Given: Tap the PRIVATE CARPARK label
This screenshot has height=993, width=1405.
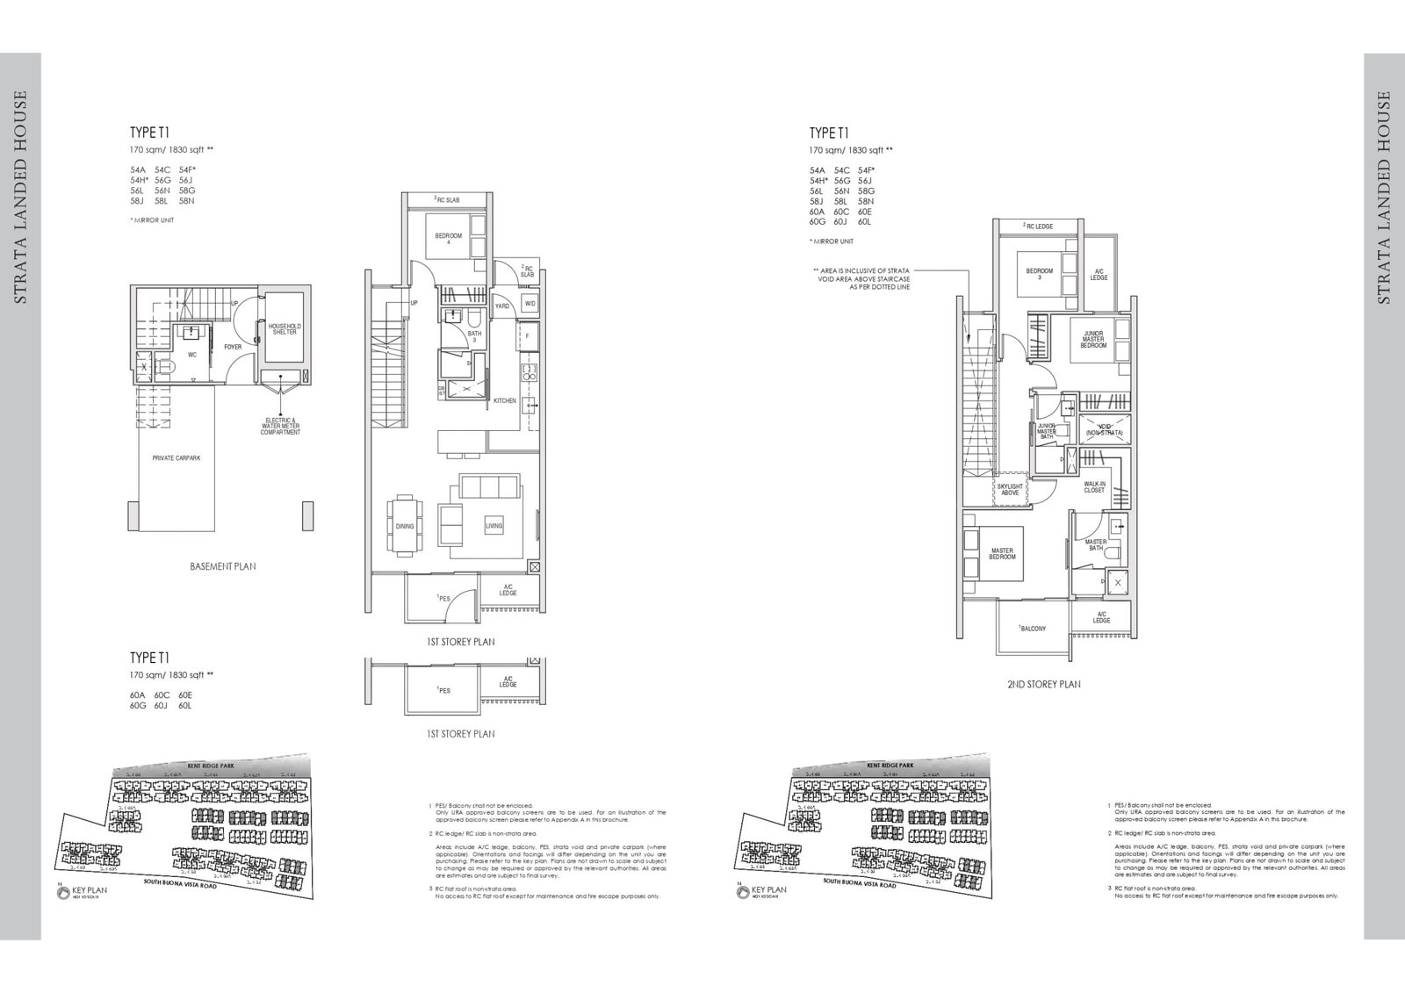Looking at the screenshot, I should pyautogui.click(x=177, y=457).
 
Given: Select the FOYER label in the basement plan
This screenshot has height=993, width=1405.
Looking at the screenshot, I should pyautogui.click(x=233, y=347).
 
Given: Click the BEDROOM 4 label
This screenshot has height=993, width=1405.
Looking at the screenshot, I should pyautogui.click(x=448, y=239).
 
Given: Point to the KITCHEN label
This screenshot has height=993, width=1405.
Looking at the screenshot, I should pyautogui.click(x=505, y=400).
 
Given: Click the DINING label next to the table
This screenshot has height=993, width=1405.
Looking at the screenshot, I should pyautogui.click(x=405, y=526).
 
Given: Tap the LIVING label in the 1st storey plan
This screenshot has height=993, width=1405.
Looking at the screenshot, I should pyautogui.click(x=494, y=526).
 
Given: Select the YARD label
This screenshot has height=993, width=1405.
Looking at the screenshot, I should pyautogui.click(x=502, y=306).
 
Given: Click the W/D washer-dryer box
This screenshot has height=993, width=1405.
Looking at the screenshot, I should pyautogui.click(x=530, y=304).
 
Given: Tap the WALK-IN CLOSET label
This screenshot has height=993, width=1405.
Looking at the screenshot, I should pyautogui.click(x=1094, y=486).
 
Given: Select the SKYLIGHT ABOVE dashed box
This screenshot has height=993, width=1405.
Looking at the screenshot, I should pyautogui.click(x=1010, y=489).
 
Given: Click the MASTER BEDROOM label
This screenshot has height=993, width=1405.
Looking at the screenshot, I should pyautogui.click(x=1002, y=554).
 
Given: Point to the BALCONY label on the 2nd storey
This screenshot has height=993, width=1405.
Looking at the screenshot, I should pyautogui.click(x=1033, y=629).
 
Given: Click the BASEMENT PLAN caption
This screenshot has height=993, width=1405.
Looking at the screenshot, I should pyautogui.click(x=223, y=566).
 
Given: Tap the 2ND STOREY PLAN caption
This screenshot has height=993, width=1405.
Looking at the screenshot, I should pyautogui.click(x=1043, y=684).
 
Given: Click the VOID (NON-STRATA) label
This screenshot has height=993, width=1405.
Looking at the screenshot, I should pyautogui.click(x=1104, y=431).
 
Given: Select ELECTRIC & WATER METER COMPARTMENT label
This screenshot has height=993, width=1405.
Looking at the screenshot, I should pyautogui.click(x=281, y=426).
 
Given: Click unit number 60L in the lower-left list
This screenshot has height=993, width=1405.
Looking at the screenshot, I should pyautogui.click(x=184, y=705).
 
